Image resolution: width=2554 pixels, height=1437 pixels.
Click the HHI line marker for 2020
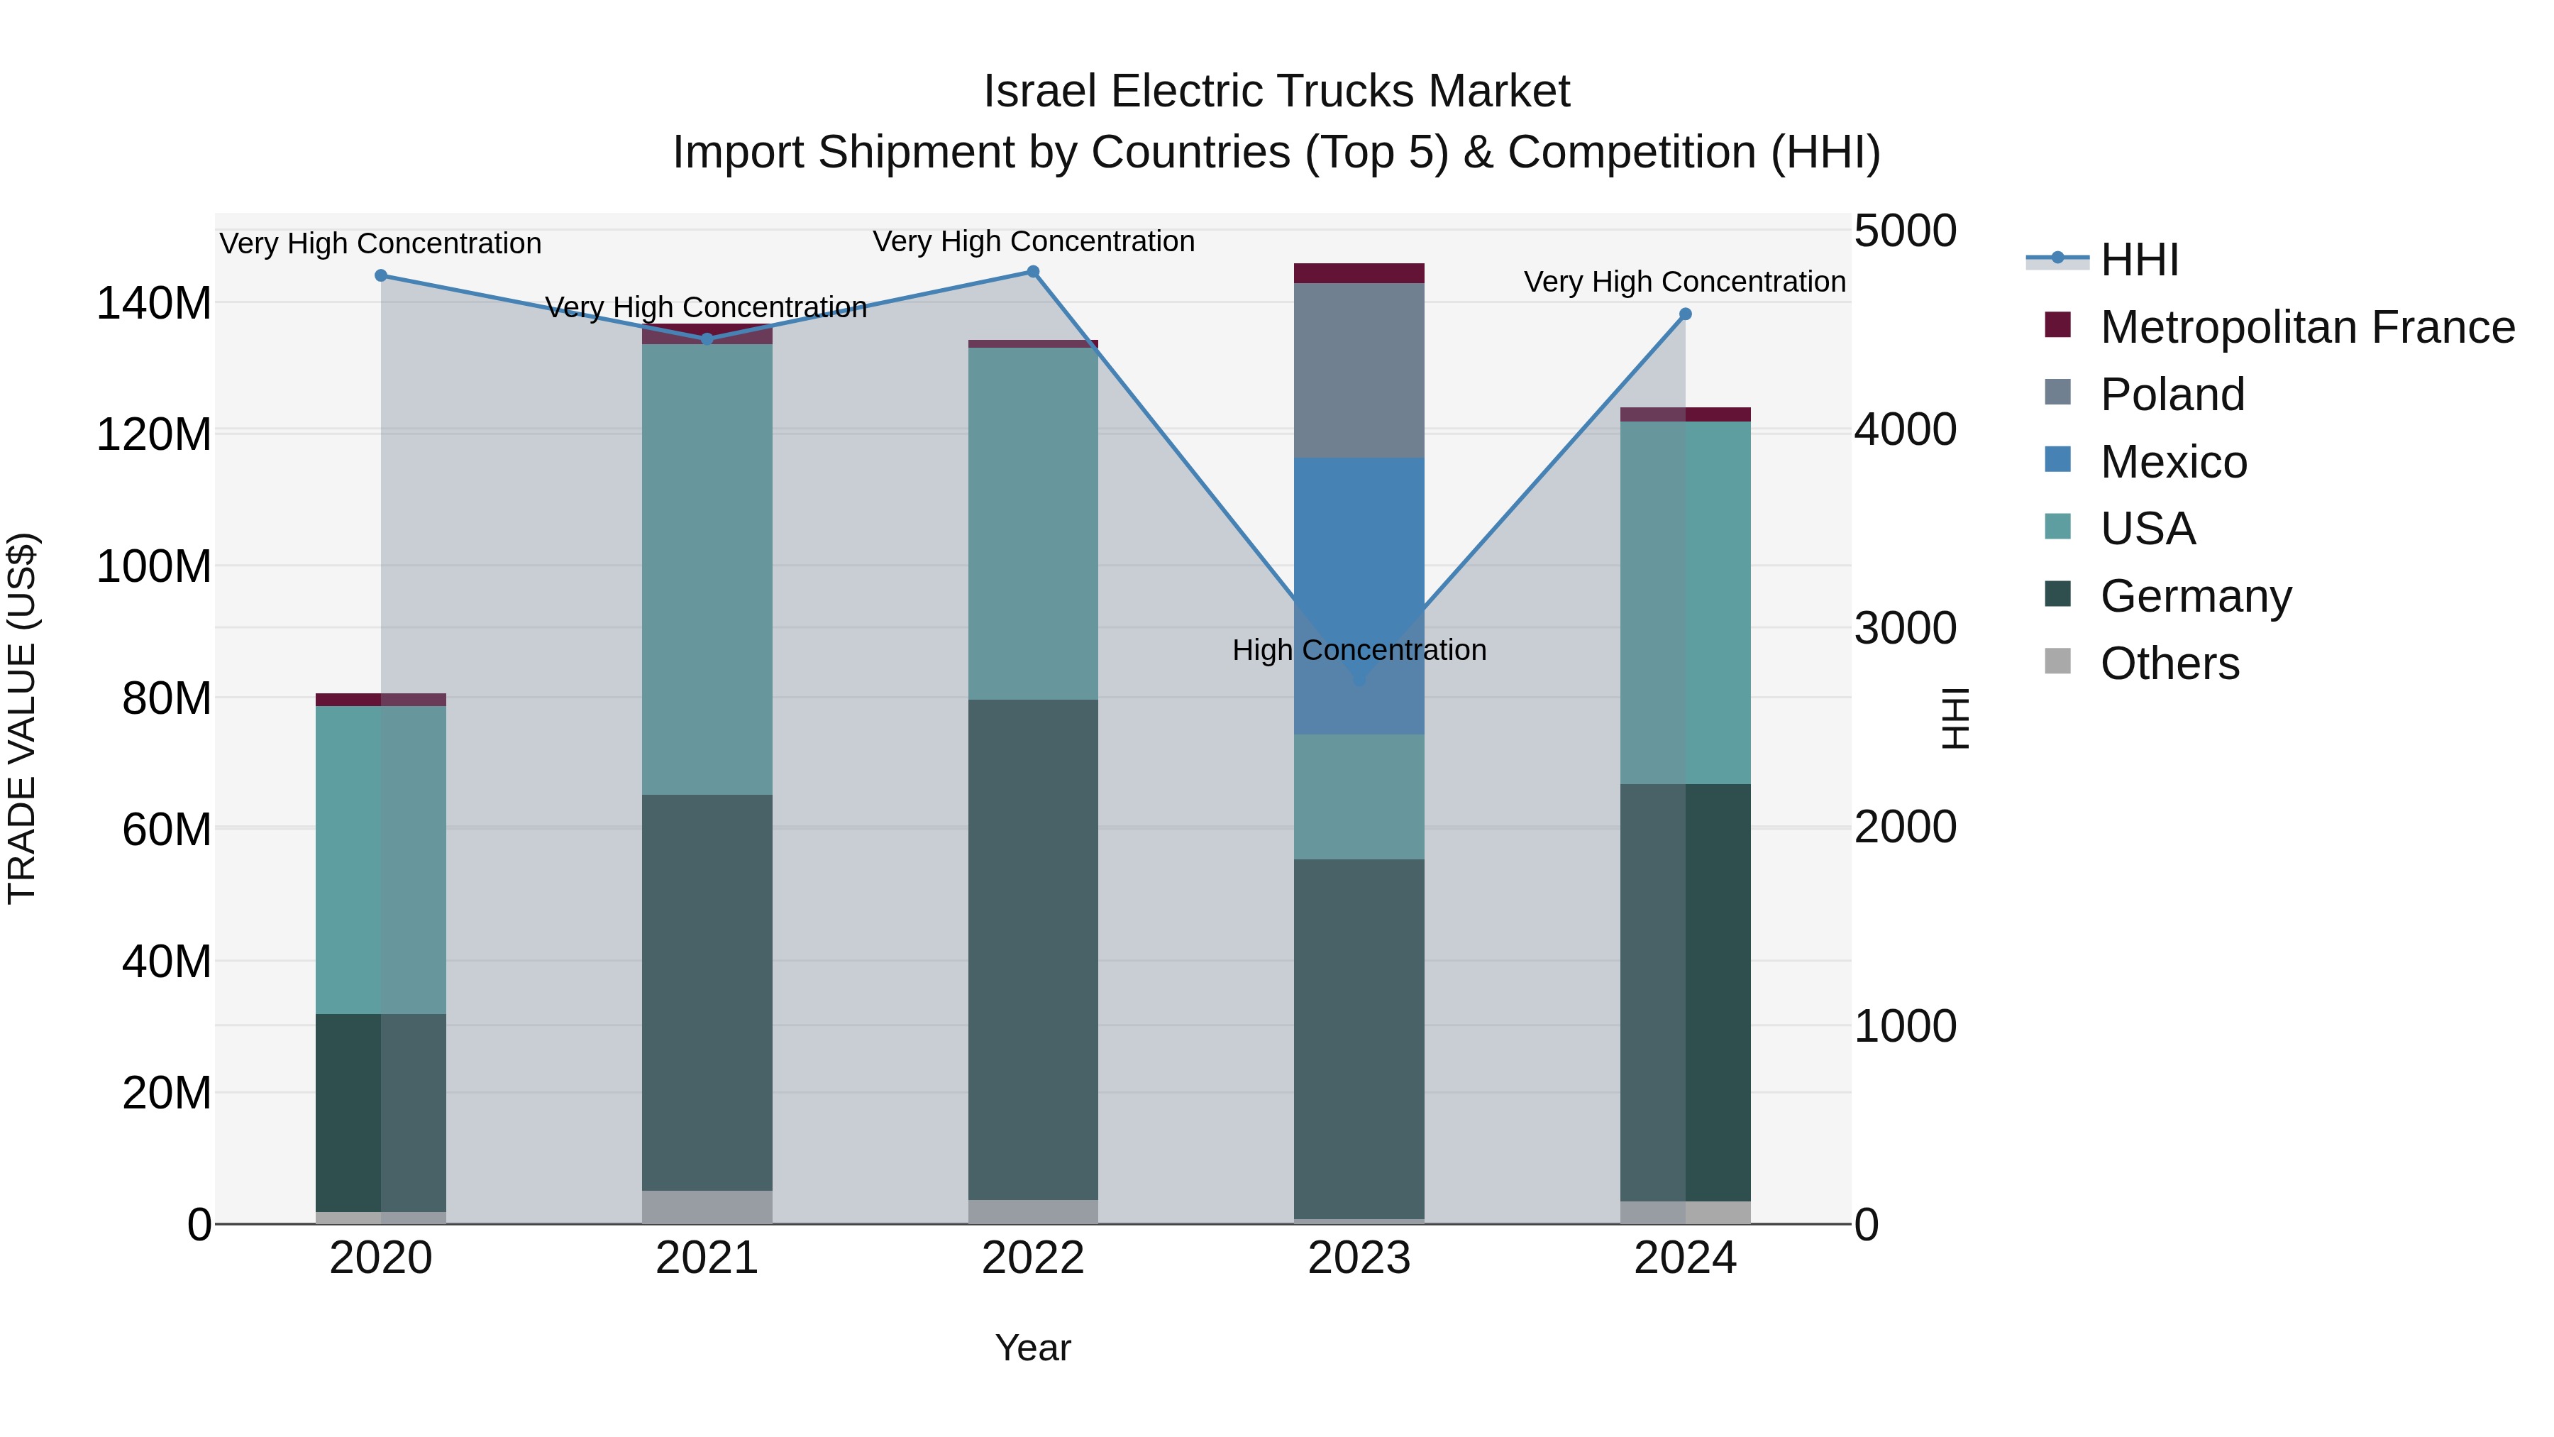point(381,276)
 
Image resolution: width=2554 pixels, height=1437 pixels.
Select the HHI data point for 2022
point(1032,272)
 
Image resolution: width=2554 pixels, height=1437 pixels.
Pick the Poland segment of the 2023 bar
point(1359,370)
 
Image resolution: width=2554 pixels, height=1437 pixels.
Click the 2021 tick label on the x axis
point(707,1258)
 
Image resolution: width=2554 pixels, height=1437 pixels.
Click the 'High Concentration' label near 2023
point(1359,651)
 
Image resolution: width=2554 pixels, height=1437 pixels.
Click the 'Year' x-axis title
point(1032,1348)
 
